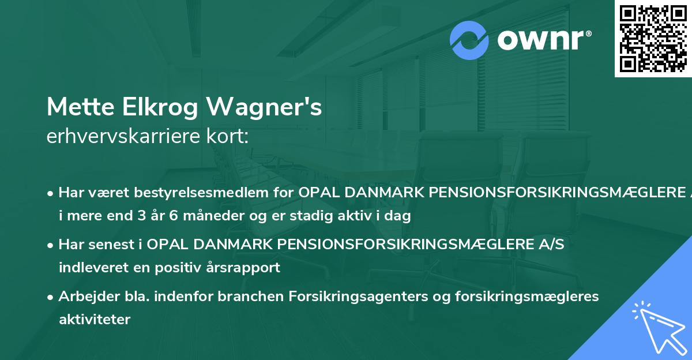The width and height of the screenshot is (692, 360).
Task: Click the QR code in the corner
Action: point(652,38)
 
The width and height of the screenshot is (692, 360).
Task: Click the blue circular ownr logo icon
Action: point(470,40)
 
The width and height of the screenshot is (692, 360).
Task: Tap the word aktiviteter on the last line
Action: point(95,319)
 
